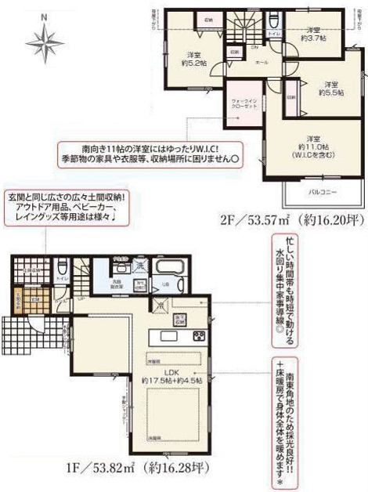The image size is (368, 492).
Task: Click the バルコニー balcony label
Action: [x=318, y=190]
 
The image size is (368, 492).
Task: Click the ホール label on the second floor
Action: [x=262, y=61]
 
